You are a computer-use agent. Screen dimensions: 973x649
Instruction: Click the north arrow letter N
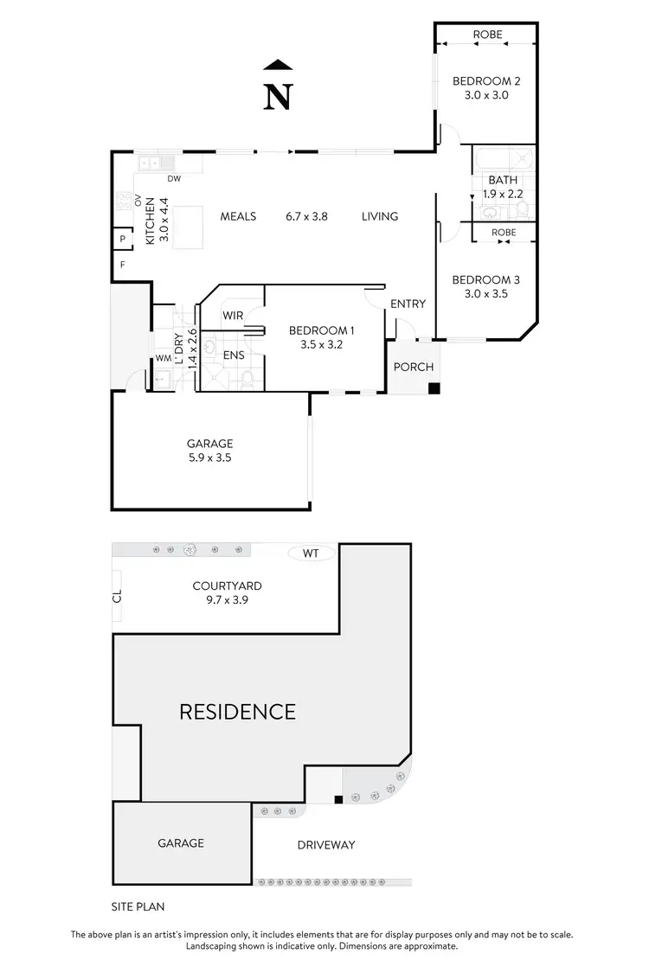pos(277,97)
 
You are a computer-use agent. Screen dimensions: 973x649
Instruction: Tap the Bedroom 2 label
pos(486,81)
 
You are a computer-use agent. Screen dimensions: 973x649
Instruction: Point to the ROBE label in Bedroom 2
pos(486,35)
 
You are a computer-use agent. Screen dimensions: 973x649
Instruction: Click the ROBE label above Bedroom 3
pos(504,233)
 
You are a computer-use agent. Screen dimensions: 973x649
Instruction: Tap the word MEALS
pos(238,216)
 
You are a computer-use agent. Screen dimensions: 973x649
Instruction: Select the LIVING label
pos(380,216)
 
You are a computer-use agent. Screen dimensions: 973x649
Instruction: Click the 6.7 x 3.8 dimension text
pos(307,216)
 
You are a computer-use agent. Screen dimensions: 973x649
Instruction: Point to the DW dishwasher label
pos(174,179)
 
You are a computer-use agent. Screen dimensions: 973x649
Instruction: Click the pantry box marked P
pos(122,240)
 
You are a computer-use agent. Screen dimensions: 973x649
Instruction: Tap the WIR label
pos(233,316)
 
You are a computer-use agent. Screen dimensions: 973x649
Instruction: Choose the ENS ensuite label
pos(233,355)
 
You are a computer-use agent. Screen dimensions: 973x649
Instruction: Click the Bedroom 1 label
pos(321,330)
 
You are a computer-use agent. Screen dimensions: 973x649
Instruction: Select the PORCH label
pos(414,367)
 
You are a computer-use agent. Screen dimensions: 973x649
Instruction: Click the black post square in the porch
pos(434,388)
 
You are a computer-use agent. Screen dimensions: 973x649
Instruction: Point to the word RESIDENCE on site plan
pos(237,712)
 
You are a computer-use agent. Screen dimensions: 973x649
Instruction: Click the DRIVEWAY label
pos(325,845)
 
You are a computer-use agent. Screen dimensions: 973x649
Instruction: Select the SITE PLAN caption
pos(138,906)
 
